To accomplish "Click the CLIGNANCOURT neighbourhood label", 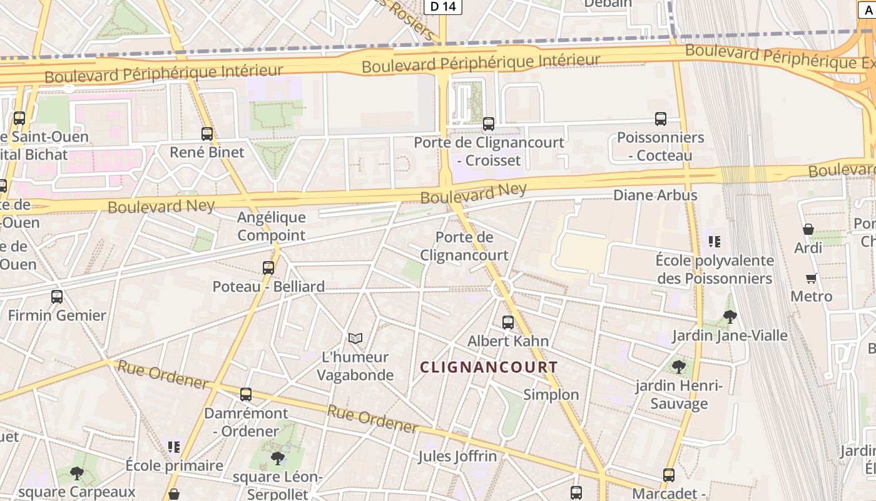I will coord(489,368).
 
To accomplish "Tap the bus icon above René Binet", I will coord(207,133).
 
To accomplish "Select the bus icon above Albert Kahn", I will coord(508,323).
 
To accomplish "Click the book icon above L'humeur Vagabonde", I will coord(355,339).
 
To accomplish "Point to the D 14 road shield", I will coord(443,7).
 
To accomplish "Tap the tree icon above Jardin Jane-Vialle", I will coord(730,317).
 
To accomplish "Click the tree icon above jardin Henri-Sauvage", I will coord(679,367).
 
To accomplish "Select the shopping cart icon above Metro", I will coord(812,278).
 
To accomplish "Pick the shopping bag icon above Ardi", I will coord(808,229).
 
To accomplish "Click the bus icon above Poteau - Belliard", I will coord(268,268).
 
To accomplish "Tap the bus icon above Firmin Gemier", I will coord(57,297).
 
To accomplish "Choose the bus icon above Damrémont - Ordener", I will coord(246,395).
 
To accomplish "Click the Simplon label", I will coord(551,395).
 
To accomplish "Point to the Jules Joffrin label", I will coord(457,456).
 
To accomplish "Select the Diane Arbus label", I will coord(655,195).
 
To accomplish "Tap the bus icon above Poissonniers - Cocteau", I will coord(661,119).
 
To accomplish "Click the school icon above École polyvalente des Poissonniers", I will coord(715,241).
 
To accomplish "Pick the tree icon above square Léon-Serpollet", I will coord(277,458).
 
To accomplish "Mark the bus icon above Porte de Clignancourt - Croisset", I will coord(489,124).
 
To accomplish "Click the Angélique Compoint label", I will coord(272,226).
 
